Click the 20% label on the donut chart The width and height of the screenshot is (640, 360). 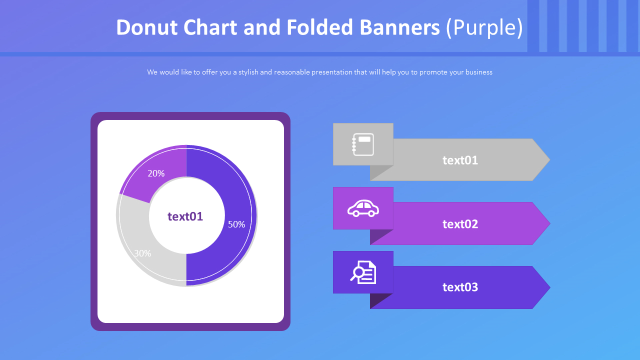(156, 173)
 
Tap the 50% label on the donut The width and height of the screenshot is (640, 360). (236, 224)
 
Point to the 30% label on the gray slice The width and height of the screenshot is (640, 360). (142, 253)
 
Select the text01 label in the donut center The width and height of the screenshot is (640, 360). (185, 216)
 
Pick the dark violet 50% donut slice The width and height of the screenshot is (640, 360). (235, 200)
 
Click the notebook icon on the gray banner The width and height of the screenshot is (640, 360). (363, 144)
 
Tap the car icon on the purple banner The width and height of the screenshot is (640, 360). (363, 208)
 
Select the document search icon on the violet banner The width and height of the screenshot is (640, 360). (363, 272)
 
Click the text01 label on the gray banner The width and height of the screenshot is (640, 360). (460, 160)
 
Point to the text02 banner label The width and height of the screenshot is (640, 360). (460, 224)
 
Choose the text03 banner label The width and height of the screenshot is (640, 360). (460, 287)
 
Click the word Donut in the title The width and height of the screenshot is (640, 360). (146, 27)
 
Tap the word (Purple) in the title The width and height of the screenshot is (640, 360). (484, 27)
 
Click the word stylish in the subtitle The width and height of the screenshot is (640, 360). (248, 72)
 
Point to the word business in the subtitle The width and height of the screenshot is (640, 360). (478, 72)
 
